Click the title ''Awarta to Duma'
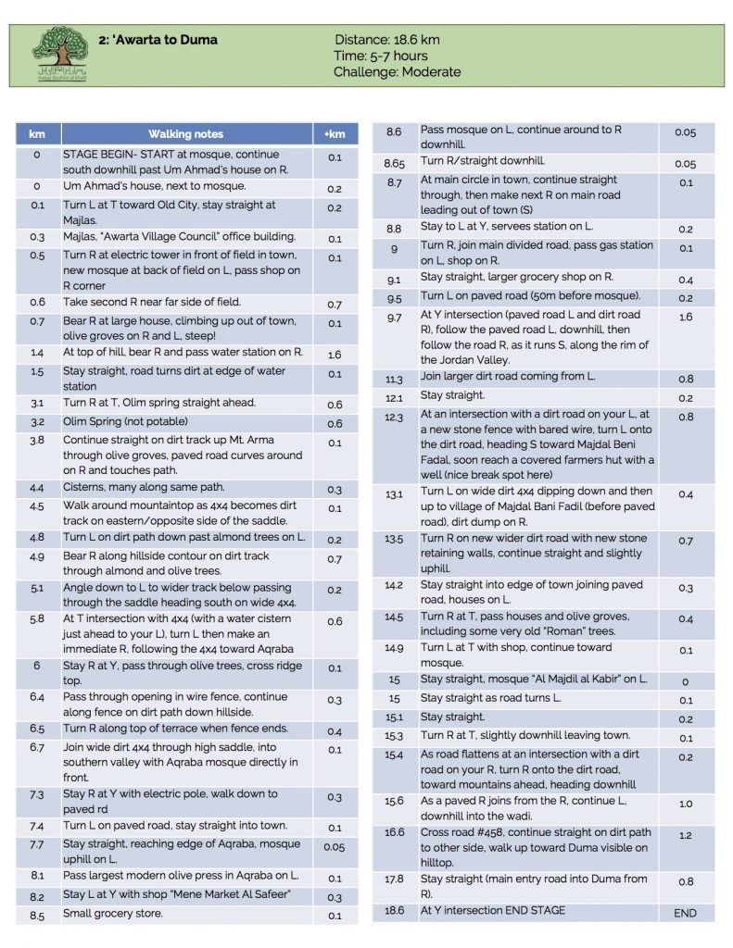[x=158, y=40]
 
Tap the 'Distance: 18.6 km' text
[x=386, y=40]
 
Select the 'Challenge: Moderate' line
[x=397, y=71]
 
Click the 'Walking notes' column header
[x=185, y=134]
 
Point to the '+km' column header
[x=334, y=134]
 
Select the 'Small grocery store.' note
[x=113, y=914]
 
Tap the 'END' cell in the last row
[x=685, y=913]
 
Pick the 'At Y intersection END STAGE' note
[x=493, y=911]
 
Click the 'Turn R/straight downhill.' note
[x=483, y=161]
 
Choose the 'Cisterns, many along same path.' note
[x=144, y=487]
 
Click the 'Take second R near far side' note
[x=152, y=302]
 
